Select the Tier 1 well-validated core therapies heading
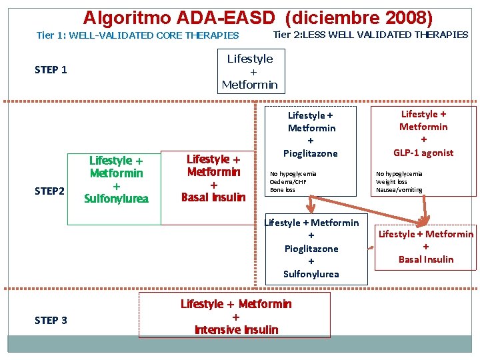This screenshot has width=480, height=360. pos(137,35)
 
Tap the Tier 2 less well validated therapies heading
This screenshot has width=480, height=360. pos(371,35)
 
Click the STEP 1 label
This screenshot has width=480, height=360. pos(51,70)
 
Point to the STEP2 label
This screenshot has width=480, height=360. pos(50,191)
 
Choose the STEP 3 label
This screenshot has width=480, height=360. pos(51,320)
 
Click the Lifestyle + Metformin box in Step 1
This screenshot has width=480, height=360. pos(250,72)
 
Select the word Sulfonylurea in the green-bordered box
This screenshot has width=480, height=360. pos(117,199)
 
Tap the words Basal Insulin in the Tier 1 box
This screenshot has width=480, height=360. pos(213,197)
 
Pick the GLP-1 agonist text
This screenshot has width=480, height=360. pos(423,153)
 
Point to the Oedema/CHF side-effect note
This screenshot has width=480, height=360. pos(288,182)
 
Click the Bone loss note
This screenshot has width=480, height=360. pos(282,190)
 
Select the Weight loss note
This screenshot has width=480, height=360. pos(391,182)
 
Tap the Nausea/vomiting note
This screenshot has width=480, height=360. pos(399,190)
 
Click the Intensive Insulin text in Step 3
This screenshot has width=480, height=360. pos(236,330)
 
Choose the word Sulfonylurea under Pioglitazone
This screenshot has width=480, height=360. pos(311,274)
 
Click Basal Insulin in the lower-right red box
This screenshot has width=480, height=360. pos(426,259)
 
